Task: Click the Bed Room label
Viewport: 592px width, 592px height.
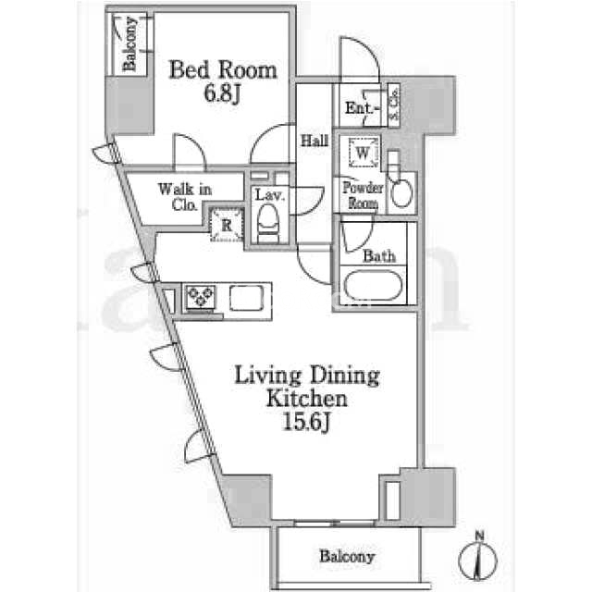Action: (223, 70)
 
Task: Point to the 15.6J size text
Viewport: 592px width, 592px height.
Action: (306, 423)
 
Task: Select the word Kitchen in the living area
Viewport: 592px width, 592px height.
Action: (306, 399)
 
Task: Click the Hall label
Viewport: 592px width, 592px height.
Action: (314, 142)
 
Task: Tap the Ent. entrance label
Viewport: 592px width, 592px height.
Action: (362, 109)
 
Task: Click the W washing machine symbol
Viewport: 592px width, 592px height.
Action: (363, 153)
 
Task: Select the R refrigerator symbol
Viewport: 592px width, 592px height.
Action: (226, 225)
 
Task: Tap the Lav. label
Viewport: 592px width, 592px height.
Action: (269, 195)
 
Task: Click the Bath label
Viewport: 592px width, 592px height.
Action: (379, 256)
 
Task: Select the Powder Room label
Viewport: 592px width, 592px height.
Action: (363, 195)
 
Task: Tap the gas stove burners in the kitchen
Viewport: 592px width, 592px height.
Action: (201, 297)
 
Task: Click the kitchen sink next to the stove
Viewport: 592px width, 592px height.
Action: (247, 298)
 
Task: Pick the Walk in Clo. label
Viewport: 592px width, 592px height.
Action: (185, 197)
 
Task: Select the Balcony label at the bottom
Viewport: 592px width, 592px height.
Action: (347, 557)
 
